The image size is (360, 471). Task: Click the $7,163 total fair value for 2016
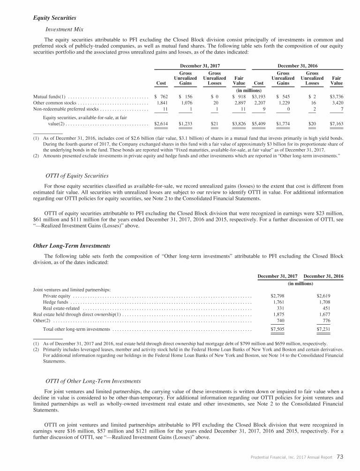click(336, 124)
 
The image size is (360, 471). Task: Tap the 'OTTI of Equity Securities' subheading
click(77, 175)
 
